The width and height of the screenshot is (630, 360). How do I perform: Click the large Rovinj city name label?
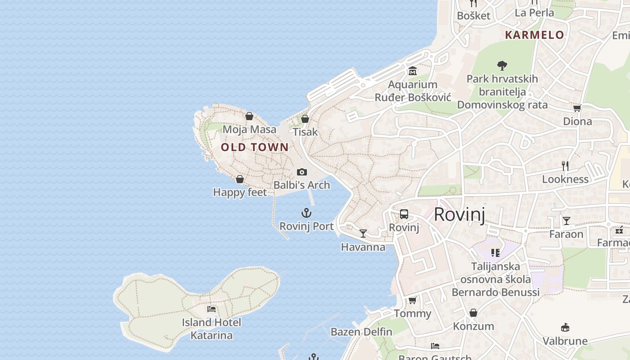459,215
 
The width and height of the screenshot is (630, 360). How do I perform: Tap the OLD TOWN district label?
255,147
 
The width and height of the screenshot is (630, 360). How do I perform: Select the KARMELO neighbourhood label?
535,35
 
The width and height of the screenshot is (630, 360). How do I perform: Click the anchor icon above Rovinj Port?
306,213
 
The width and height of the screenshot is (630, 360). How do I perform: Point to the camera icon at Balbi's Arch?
302,172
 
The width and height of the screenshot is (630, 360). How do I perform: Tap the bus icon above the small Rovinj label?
404,214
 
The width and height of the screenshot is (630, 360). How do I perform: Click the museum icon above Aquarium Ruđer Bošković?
413,71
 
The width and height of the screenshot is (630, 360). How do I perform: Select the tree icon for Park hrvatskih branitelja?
502,66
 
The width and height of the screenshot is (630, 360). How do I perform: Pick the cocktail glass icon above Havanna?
363,234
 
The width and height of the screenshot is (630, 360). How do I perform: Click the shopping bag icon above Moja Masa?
249,116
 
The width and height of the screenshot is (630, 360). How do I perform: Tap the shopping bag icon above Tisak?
305,119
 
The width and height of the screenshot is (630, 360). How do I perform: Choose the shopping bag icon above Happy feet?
240,179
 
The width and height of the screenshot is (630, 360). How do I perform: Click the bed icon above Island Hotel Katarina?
211,309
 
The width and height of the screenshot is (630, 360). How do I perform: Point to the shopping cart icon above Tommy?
413,300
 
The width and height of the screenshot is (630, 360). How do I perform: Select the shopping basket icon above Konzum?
473,312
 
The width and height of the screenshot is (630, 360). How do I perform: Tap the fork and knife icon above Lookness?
565,166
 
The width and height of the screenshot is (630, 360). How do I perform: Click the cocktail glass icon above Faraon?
567,220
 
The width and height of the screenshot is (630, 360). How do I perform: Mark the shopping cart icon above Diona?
577,108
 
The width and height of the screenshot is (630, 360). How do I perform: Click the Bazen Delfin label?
361,332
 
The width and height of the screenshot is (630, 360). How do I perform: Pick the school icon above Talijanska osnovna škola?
495,253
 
